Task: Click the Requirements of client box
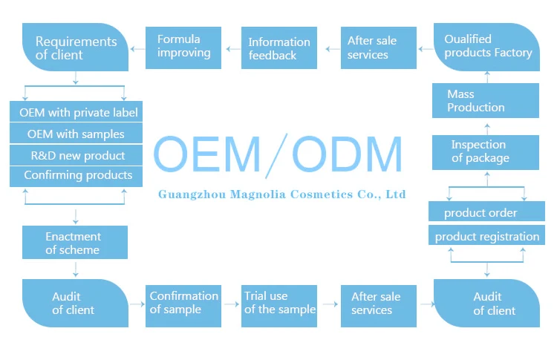pyautogui.click(x=75, y=48)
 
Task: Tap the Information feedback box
pyautogui.click(x=279, y=48)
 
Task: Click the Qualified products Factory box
pyautogui.click(x=487, y=46)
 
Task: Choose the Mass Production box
pyautogui.click(x=486, y=100)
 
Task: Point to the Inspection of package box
pyautogui.click(x=486, y=151)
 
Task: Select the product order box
pyautogui.click(x=486, y=213)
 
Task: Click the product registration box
pyautogui.click(x=486, y=237)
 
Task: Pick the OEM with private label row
pyautogui.click(x=76, y=113)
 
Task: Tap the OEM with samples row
pyautogui.click(x=76, y=134)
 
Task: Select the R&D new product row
pyautogui.click(x=76, y=155)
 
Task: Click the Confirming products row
pyautogui.click(x=76, y=176)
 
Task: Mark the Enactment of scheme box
pyautogui.click(x=74, y=243)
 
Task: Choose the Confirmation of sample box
pyautogui.click(x=183, y=303)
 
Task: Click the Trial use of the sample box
pyautogui.click(x=279, y=303)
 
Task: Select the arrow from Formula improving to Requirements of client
pyautogui.click(x=137, y=48)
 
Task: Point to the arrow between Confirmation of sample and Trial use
pyautogui.click(x=231, y=304)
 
